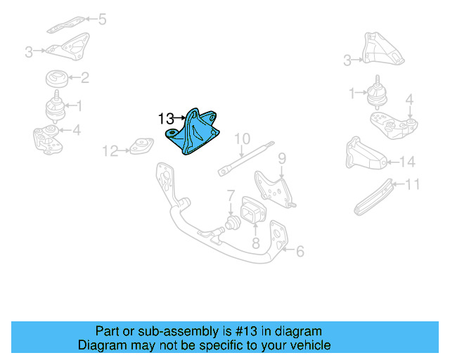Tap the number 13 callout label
tap(165, 119)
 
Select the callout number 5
tap(103, 19)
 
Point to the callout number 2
tap(84, 78)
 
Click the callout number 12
tap(110, 150)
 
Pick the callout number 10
tap(242, 138)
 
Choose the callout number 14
tap(408, 162)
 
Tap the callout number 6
tap(300, 251)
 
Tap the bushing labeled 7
tap(229, 225)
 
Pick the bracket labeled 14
tap(364, 156)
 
